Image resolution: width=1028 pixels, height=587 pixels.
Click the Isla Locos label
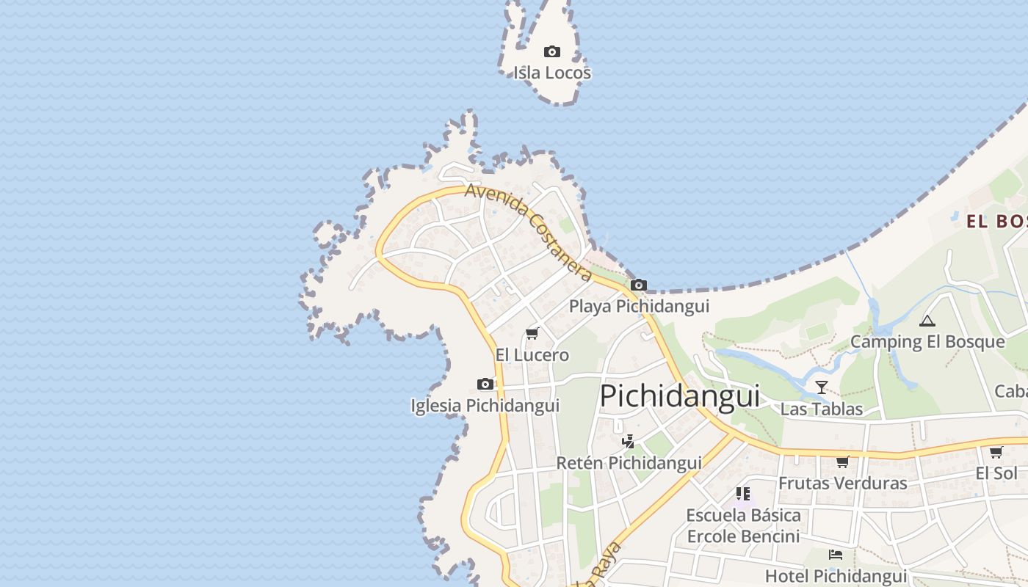[552, 73]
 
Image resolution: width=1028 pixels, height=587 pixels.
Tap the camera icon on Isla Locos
[552, 51]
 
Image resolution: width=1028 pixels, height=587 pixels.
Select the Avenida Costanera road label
[528, 232]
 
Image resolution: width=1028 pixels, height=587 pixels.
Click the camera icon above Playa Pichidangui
[639, 285]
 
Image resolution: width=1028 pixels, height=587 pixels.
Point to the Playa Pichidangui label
[639, 306]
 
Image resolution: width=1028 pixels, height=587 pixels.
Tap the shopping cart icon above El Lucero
[532, 334]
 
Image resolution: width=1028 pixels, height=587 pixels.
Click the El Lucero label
[532, 355]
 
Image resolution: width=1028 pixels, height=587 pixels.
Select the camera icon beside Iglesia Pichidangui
[485, 384]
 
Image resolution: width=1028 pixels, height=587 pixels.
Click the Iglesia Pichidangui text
[485, 405]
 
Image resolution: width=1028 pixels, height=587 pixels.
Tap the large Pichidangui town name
[680, 396]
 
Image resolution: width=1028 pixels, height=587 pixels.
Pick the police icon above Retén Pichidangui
[628, 441]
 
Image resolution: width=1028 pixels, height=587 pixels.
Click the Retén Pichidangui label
[629, 463]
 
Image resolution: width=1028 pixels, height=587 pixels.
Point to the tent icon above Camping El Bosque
[927, 321]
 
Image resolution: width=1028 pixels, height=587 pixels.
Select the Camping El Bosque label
[927, 342]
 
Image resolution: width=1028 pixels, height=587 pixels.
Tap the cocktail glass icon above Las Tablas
[822, 387]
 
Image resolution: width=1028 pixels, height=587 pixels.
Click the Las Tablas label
[822, 409]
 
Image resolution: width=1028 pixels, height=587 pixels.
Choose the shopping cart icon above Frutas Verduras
[843, 462]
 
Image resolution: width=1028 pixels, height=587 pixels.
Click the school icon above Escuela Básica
[743, 494]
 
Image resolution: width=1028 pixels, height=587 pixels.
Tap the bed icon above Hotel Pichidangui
[836, 555]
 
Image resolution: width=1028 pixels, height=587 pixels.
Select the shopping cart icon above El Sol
[996, 452]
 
